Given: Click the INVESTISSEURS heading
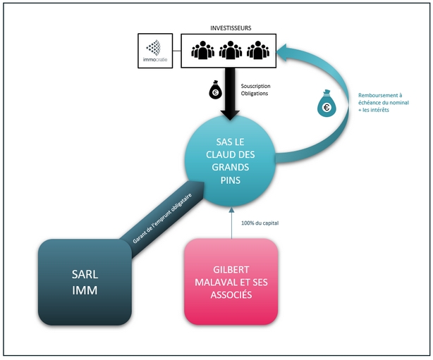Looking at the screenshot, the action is tap(231, 28).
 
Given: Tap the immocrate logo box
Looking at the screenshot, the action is tap(155, 51).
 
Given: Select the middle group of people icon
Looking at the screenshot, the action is tap(231, 50).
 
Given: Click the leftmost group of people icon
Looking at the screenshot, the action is tap(202, 50).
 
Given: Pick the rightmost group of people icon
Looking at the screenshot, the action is tap(258, 50).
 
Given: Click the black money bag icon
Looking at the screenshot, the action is tap(215, 89).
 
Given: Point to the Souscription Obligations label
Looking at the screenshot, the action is tap(255, 90).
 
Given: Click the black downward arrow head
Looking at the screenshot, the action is tap(230, 115).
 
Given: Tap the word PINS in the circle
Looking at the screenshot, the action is tap(231, 180).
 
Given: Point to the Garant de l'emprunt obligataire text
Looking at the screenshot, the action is tap(162, 219).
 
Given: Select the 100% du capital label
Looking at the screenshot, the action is tap(260, 223).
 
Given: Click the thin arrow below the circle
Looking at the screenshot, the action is tap(231, 223).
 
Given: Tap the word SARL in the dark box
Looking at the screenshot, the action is tap(85, 275).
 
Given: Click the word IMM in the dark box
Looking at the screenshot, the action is tap(85, 290).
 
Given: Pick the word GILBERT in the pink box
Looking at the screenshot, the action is tap(231, 270).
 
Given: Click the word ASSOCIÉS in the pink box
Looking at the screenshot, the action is tap(231, 294).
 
